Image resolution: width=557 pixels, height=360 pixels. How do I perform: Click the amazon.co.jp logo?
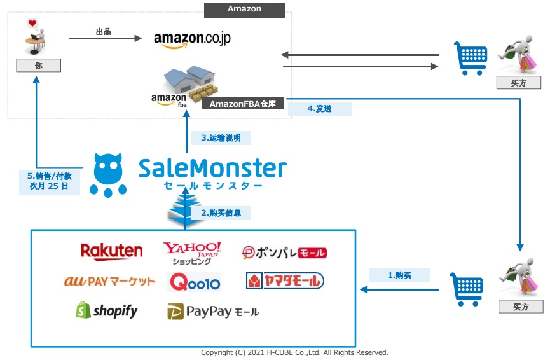[192, 39]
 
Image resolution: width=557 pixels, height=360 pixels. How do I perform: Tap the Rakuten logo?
[112, 251]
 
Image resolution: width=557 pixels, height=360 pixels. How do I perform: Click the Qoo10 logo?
[195, 281]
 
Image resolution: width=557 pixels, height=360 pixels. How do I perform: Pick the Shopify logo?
[106, 310]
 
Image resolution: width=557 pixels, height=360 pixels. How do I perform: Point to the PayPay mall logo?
[213, 312]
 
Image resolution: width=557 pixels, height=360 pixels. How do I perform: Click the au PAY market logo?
[109, 281]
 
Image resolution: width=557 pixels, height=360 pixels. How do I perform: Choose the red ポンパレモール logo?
[284, 253]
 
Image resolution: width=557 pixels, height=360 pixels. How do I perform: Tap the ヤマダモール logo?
[285, 280]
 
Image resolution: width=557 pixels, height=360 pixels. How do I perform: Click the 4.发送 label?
[319, 109]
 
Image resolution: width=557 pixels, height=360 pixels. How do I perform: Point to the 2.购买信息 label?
[221, 213]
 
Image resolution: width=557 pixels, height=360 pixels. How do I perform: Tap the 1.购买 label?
[399, 275]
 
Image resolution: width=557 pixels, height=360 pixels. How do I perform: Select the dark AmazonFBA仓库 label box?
[242, 104]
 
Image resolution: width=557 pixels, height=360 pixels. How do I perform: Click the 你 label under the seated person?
[38, 65]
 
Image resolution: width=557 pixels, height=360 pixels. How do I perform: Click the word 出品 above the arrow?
[103, 31]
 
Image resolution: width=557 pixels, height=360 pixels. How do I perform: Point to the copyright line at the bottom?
[294, 352]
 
